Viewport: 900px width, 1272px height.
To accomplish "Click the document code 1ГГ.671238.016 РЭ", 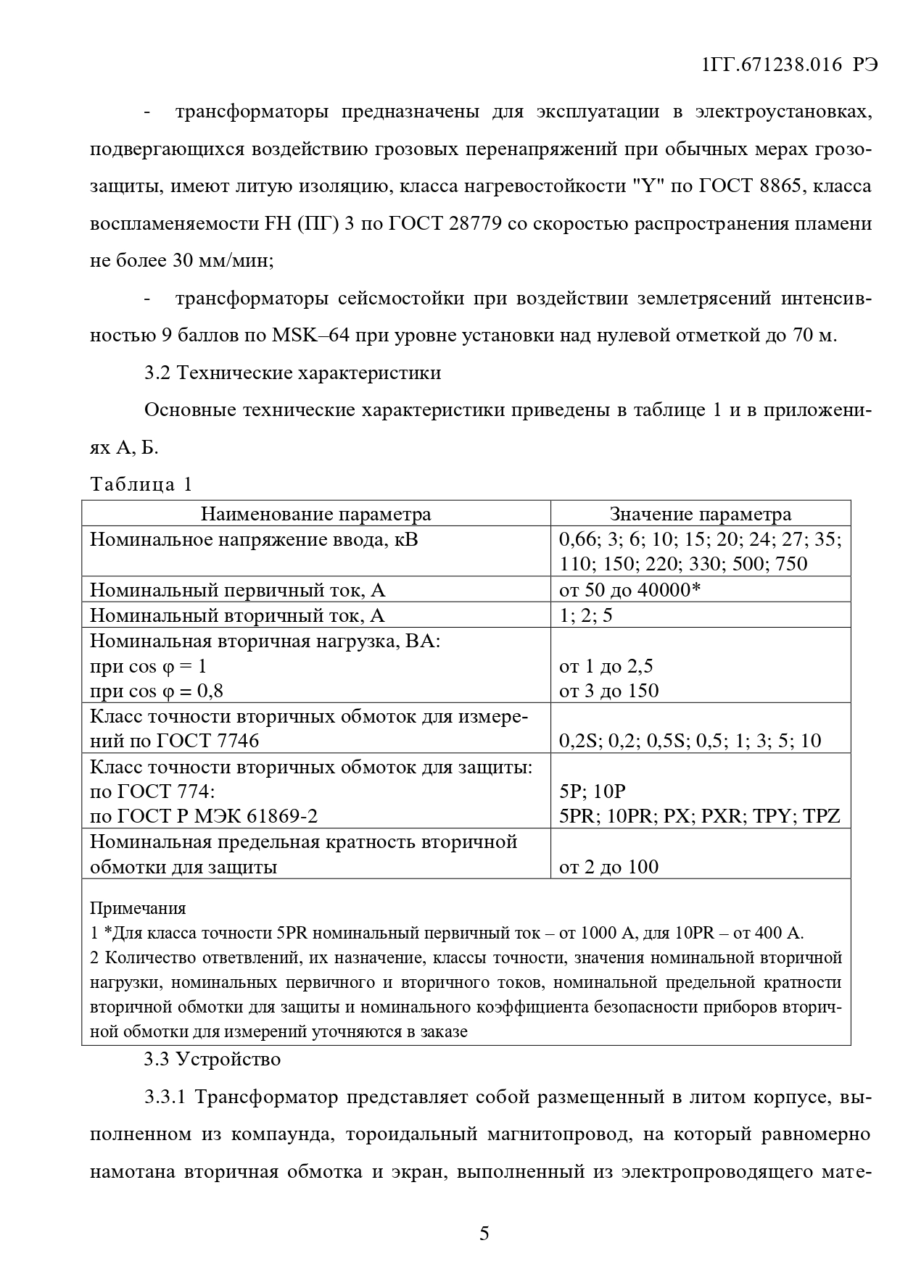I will tap(789, 65).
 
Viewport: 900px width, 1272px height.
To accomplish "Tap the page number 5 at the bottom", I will tap(484, 1233).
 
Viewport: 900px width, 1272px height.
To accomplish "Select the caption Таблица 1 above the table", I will tap(141, 484).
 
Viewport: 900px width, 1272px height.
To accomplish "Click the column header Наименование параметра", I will tap(315, 514).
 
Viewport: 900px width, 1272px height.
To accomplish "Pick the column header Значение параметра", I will tap(700, 514).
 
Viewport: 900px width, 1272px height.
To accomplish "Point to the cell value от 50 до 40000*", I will tap(629, 590).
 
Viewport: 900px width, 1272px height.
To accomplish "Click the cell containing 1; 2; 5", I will tap(586, 615).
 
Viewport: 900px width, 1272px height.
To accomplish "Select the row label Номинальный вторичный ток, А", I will tap(237, 615).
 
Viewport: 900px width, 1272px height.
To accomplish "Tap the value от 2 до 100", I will tap(609, 866).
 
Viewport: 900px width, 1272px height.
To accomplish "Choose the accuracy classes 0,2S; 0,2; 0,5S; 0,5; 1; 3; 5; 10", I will tap(690, 741).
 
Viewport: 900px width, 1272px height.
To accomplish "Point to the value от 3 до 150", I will tap(609, 691).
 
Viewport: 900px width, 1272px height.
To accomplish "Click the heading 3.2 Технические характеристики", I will tap(292, 373).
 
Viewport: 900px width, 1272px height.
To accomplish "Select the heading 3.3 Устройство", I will tap(212, 1059).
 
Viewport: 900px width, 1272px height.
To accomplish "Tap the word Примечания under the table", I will tap(138, 908).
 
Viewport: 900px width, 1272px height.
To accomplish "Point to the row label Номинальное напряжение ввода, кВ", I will tap(254, 539).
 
